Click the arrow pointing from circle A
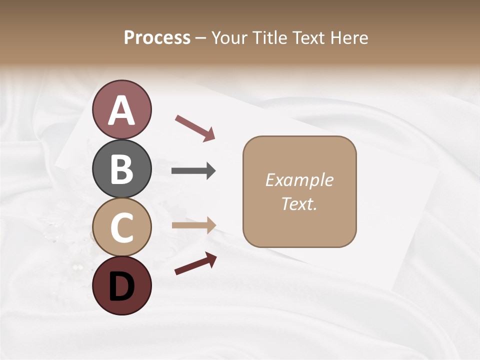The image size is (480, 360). tap(195, 128)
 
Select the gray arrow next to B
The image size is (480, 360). tap(193, 171)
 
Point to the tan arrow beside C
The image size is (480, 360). tap(193, 225)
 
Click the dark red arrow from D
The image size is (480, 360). tap(195, 263)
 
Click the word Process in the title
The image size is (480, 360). tap(157, 38)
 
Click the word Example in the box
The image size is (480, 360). tap(299, 180)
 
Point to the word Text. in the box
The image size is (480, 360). tap(299, 204)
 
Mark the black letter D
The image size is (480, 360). tap(121, 287)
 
